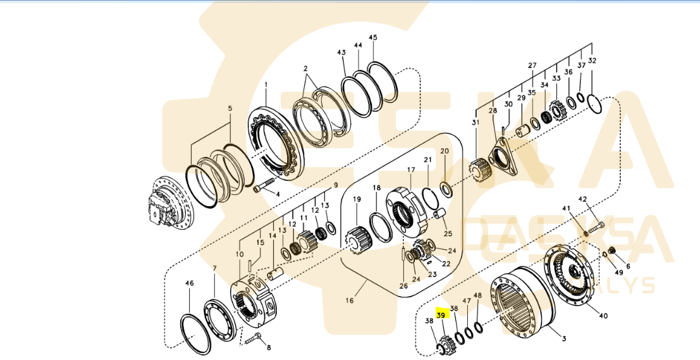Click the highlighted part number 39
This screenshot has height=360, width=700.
pos(441,314)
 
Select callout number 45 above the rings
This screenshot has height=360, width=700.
pos(373,38)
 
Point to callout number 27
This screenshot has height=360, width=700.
pos(532,65)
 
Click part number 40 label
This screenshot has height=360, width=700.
pos(603,315)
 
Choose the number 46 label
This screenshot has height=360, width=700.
pos(188,283)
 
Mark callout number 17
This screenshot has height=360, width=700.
pos(410,170)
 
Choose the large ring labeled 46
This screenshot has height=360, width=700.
pos(194,332)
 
